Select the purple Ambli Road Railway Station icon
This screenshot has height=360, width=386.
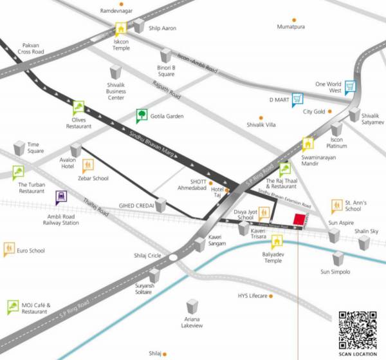pyautogui.click(x=60, y=197)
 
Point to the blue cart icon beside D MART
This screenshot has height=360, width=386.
pyautogui.click(x=297, y=99)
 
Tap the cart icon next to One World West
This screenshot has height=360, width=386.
pyautogui.click(x=350, y=86)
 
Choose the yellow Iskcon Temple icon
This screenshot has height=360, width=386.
pyautogui.click(x=120, y=30)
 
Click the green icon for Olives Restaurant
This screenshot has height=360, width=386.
pyautogui.click(x=78, y=107)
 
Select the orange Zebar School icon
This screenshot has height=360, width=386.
pyautogui.click(x=88, y=165)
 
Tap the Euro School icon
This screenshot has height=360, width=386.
pyautogui.click(x=9, y=248)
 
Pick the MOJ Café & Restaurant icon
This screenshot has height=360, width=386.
pyautogui.click(x=12, y=307)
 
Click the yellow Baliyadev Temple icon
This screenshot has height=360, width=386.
pyautogui.click(x=277, y=242)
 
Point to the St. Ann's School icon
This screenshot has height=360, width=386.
pyautogui.click(x=336, y=206)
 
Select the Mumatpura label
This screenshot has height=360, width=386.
pyautogui.click(x=291, y=27)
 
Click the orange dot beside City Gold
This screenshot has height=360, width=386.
pyautogui.click(x=329, y=111)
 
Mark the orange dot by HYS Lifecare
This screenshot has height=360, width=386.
pyautogui.click(x=271, y=296)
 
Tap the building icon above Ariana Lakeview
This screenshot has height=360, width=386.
pyautogui.click(x=191, y=306)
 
